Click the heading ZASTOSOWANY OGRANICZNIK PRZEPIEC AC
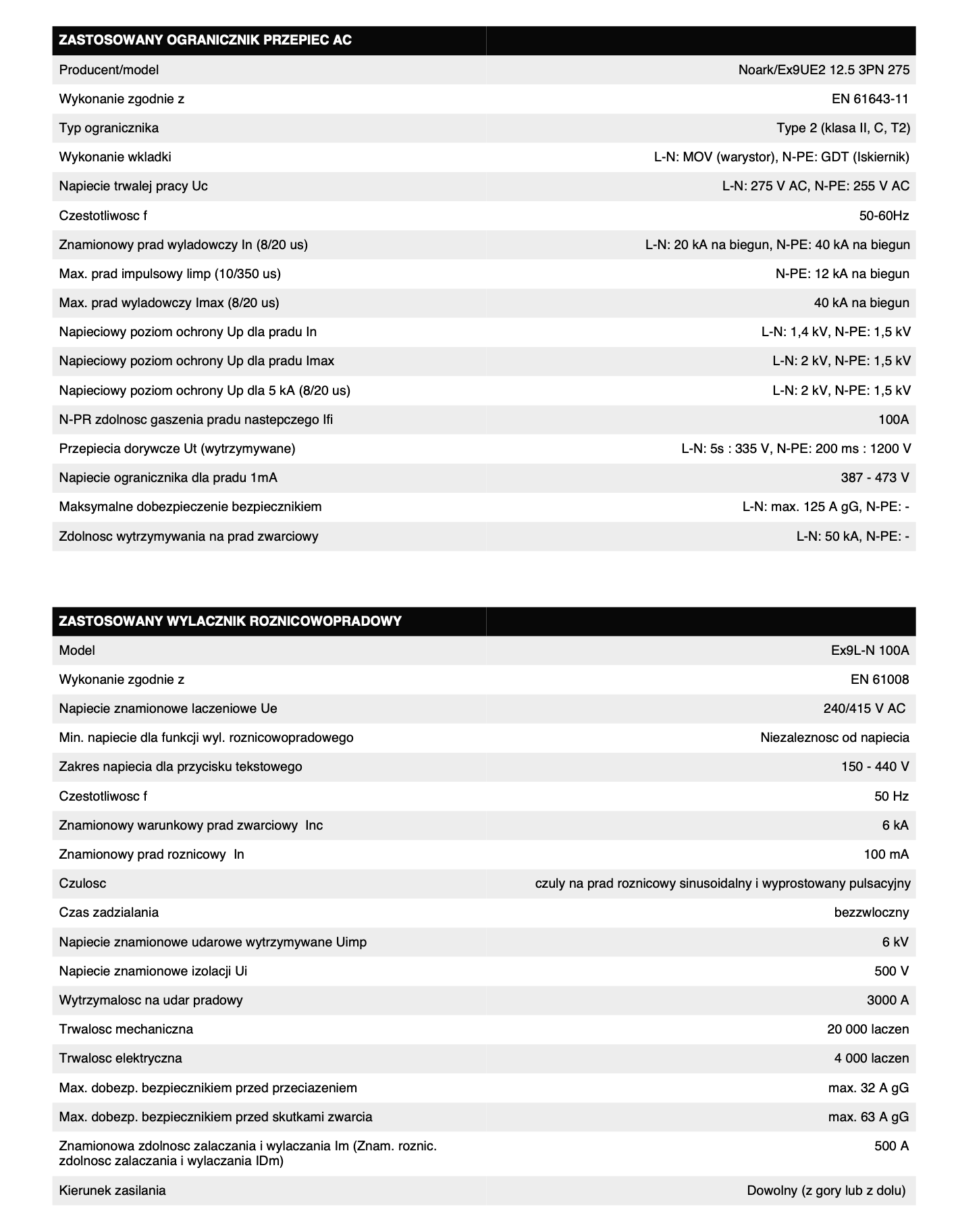tap(205, 41)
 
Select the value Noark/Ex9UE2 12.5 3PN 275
tap(824, 70)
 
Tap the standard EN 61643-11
tap(870, 99)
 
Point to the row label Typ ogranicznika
tap(109, 128)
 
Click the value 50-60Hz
tap(884, 216)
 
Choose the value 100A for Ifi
tap(893, 420)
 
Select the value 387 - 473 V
tap(875, 478)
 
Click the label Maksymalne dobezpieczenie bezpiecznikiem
tap(190, 507)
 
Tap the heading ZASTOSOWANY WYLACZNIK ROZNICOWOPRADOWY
tap(230, 621)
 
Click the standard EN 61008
tap(880, 680)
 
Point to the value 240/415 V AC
tap(864, 709)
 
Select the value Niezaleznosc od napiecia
tap(834, 738)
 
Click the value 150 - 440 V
tap(870, 767)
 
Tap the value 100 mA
tap(886, 855)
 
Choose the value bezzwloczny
tap(872, 913)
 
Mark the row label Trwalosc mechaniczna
tap(126, 1030)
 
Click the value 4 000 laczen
tap(871, 1059)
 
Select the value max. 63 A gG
tap(868, 1117)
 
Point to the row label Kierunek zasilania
tap(112, 1191)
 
